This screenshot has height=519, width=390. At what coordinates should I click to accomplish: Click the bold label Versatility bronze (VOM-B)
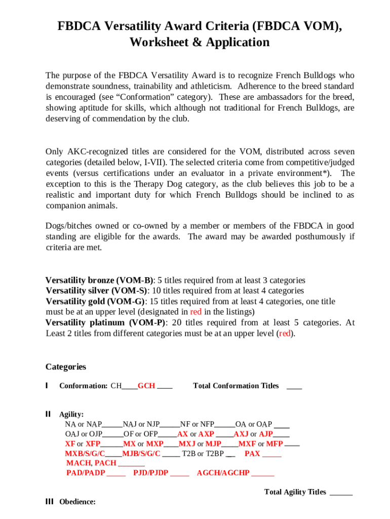point(99,280)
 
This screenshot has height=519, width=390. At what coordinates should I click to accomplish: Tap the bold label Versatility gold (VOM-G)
point(94,302)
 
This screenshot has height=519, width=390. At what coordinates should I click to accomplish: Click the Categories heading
point(66,367)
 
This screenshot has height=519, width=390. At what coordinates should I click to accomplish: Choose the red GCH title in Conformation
point(146,386)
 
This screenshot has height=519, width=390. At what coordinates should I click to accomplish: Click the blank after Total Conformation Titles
point(294,386)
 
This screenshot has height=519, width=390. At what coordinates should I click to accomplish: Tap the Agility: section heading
point(71,415)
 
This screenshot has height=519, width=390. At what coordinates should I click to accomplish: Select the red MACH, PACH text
point(91,463)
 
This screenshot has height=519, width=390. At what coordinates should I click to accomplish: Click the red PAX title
point(252,454)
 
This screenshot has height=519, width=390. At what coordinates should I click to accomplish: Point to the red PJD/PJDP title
point(150,473)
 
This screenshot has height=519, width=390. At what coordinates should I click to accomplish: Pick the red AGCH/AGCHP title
point(223,473)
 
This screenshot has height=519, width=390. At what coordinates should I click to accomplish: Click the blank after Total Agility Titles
point(341,492)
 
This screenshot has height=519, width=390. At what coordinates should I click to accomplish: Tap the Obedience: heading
point(77,502)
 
